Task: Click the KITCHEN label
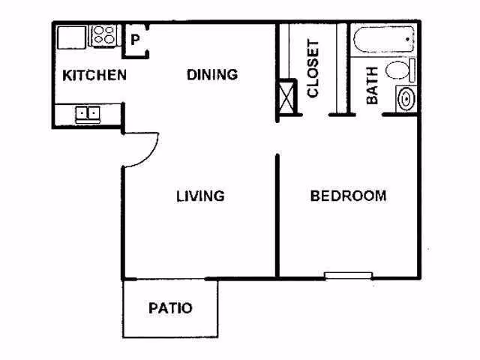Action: click(x=94, y=75)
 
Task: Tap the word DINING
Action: click(x=212, y=75)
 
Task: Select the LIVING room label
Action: click(x=200, y=196)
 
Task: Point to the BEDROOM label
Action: click(x=348, y=196)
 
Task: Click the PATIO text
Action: click(x=170, y=308)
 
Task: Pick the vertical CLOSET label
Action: click(x=313, y=68)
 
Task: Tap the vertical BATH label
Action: click(x=372, y=85)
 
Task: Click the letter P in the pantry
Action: click(x=135, y=40)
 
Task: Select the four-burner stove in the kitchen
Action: click(x=104, y=35)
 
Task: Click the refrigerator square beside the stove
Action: click(x=72, y=37)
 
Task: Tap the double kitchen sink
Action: click(x=88, y=114)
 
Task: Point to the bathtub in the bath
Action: click(x=384, y=40)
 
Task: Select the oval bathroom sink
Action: click(x=406, y=98)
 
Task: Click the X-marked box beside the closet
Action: click(x=287, y=97)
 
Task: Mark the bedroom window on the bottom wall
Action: click(x=348, y=275)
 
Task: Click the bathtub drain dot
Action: click(x=407, y=39)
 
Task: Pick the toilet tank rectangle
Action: click(x=412, y=70)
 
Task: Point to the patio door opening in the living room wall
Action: click(x=170, y=279)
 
